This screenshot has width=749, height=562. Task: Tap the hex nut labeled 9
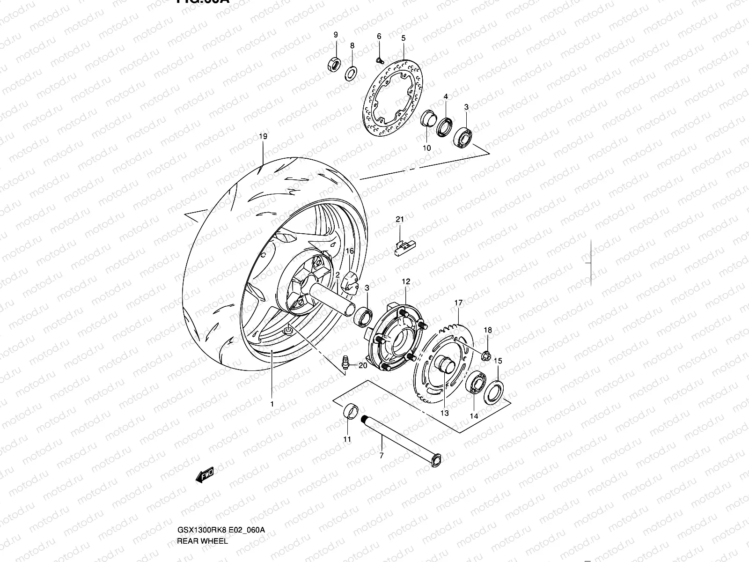[x=334, y=64]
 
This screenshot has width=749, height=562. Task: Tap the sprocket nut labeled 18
[x=486, y=356]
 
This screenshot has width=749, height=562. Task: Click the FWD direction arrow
[x=205, y=476]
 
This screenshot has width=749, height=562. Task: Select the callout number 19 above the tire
[x=263, y=137]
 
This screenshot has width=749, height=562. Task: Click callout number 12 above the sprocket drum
[x=406, y=281]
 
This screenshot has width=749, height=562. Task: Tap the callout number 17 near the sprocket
[x=458, y=303]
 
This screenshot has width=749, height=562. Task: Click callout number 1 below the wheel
[x=272, y=403]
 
